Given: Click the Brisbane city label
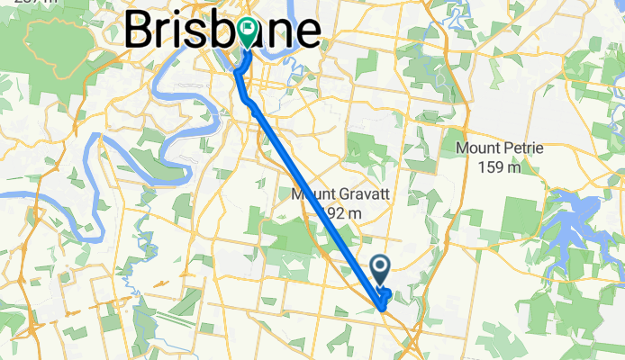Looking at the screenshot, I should click(222, 29).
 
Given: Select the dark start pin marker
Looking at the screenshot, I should click(380, 267).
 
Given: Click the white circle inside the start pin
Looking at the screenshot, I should click(380, 265).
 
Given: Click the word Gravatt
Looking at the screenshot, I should click(347, 193).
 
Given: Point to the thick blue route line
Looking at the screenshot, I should click(306, 180).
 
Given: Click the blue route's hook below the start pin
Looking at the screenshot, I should click(384, 302).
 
